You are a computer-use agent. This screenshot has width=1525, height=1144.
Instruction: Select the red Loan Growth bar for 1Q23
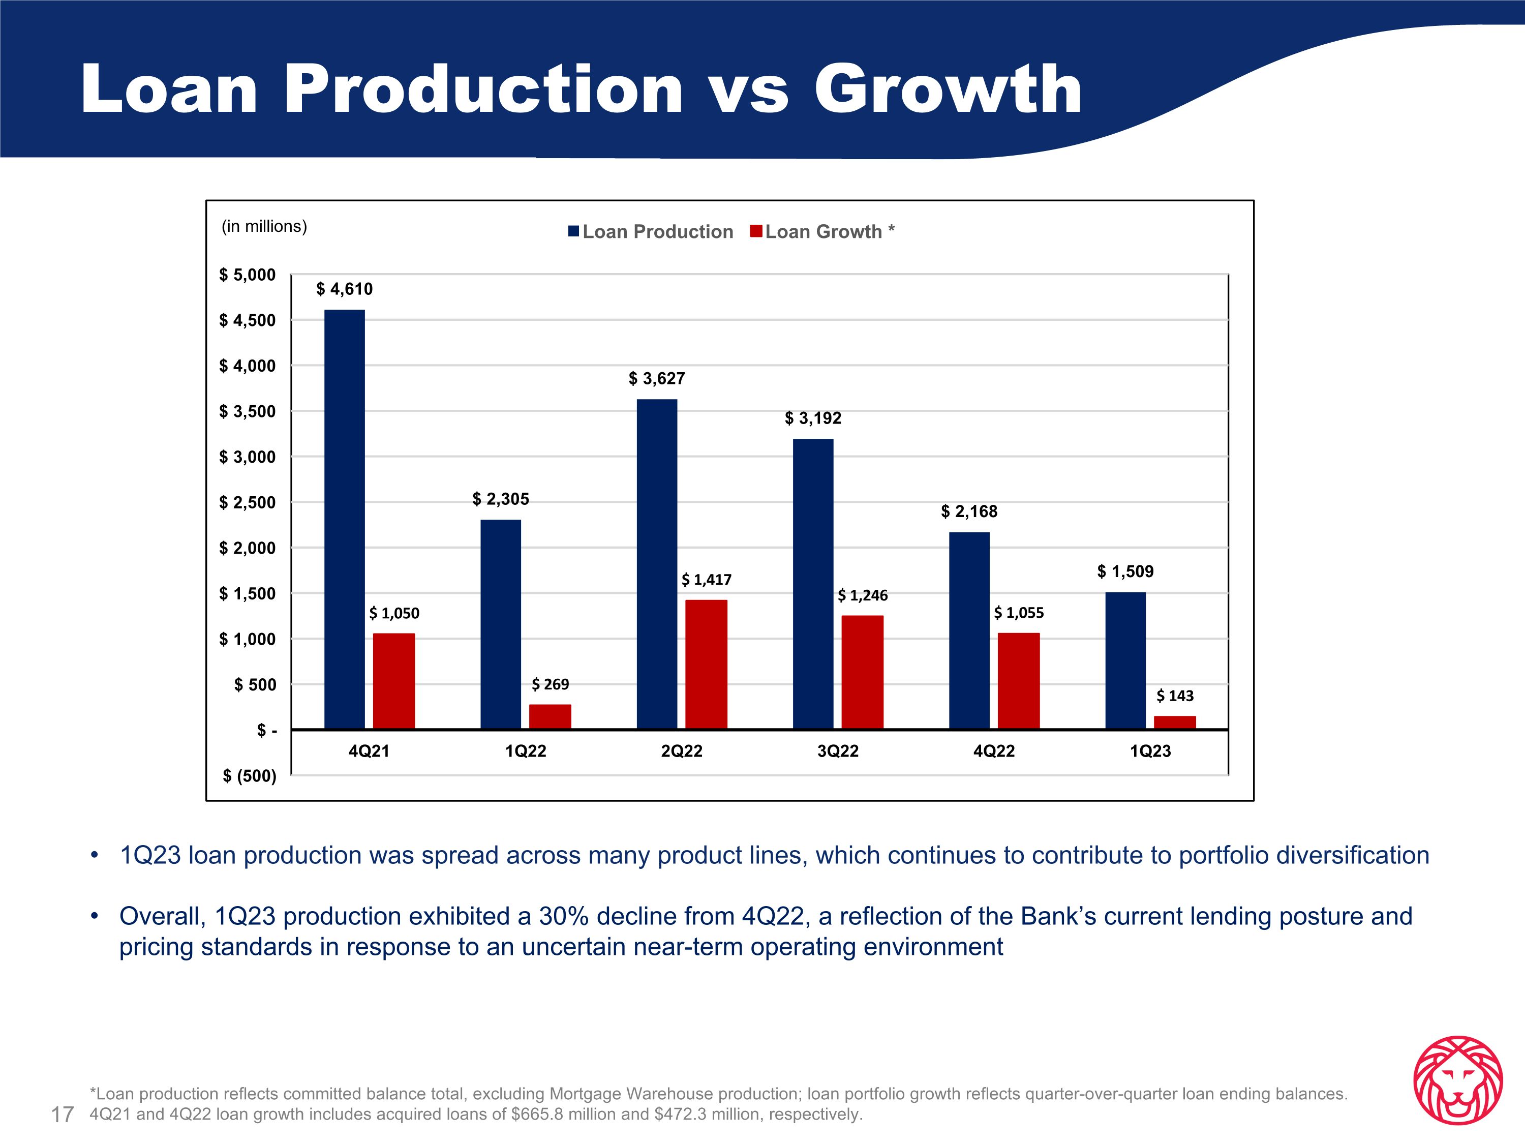point(1175,722)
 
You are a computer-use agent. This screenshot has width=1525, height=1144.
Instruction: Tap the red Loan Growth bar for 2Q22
point(706,664)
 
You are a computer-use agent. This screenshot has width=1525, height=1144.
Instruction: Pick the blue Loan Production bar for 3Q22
point(813,583)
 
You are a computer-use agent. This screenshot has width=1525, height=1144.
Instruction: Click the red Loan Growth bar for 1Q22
point(550,716)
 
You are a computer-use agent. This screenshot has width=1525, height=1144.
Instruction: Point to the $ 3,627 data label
point(656,379)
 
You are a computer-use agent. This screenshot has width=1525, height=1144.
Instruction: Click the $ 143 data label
point(1175,696)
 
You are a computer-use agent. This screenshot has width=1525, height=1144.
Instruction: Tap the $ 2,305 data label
point(501,499)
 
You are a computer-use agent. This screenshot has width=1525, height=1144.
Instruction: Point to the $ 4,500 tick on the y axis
point(247,321)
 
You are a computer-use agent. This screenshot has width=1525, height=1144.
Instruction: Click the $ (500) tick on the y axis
point(249,776)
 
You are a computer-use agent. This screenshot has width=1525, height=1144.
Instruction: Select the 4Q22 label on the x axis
point(993,751)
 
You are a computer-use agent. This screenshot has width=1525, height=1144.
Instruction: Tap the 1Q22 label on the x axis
point(525,751)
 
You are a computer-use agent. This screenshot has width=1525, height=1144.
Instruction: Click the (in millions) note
point(264,226)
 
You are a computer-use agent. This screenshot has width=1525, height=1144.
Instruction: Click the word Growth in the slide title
point(948,89)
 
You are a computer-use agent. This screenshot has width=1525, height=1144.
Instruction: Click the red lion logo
point(1457,1080)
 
